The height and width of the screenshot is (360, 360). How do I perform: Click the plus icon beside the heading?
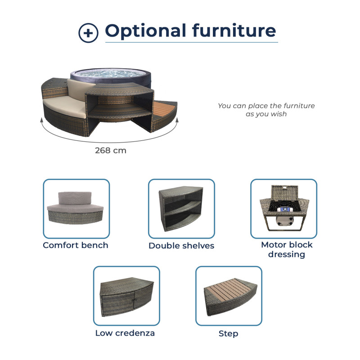88,33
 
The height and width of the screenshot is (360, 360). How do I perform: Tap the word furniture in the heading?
234,31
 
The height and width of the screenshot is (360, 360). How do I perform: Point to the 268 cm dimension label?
111,150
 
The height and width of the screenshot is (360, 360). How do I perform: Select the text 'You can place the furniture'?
266,106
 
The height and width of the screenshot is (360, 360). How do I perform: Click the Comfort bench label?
76,245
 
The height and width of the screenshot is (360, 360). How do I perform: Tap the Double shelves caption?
181,246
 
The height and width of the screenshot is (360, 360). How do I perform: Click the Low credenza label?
125,333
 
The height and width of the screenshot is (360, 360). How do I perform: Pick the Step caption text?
229,333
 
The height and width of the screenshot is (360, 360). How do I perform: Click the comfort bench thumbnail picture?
76,209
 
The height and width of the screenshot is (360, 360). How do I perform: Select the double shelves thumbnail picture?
181,209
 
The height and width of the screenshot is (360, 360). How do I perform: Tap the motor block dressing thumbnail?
283,209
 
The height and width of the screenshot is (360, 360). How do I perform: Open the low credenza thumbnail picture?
126,296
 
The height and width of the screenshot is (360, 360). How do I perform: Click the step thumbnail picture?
229,296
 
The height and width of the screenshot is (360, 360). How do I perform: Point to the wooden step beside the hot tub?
165,110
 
